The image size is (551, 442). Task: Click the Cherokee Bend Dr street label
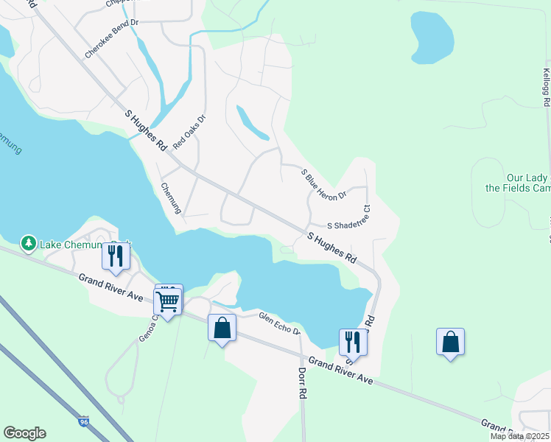[x=112, y=38]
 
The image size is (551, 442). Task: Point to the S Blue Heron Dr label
[x=323, y=184]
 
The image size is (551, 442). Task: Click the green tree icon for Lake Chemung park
[x=29, y=242]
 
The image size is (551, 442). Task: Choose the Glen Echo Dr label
[x=279, y=323]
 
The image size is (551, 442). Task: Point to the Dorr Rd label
[x=302, y=383]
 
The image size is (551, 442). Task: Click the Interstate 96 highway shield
[x=84, y=422]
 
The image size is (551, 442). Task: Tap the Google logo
[x=24, y=433]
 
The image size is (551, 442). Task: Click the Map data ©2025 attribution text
[x=519, y=436]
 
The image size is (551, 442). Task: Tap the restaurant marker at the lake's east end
[x=352, y=342]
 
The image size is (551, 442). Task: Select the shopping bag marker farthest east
[x=450, y=342]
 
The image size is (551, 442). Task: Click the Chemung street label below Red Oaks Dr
[x=170, y=198]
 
